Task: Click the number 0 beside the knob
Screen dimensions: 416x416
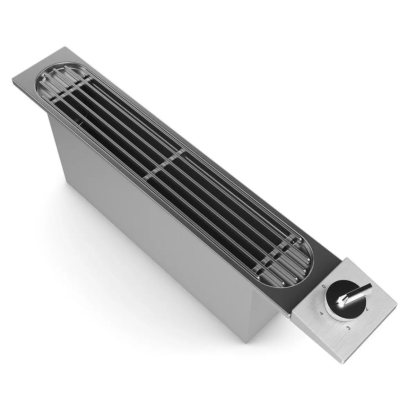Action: [323, 287]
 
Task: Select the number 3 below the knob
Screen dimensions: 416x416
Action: [348, 328]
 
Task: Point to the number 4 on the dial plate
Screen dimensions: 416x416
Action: [322, 313]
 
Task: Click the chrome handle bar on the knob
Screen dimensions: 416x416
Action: [357, 293]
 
